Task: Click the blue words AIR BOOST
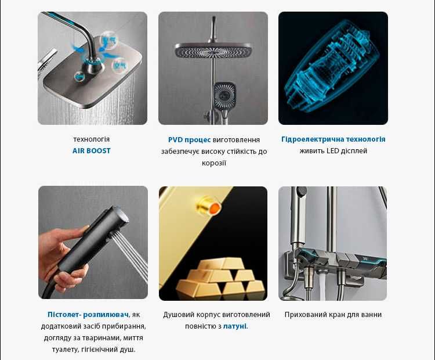pyautogui.click(x=91, y=151)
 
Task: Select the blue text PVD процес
pyautogui.click(x=190, y=140)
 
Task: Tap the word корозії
pyautogui.click(x=214, y=163)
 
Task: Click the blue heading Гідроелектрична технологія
pyautogui.click(x=333, y=139)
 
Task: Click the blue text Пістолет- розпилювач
pyautogui.click(x=88, y=315)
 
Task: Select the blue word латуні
pyautogui.click(x=235, y=326)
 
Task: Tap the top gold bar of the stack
pyautogui.click(x=222, y=264)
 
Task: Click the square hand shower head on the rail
pyautogui.click(x=224, y=93)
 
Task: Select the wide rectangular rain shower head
pyautogui.click(x=213, y=52)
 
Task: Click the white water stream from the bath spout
pyautogui.click(x=322, y=285)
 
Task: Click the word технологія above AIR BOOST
pyautogui.click(x=91, y=139)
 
